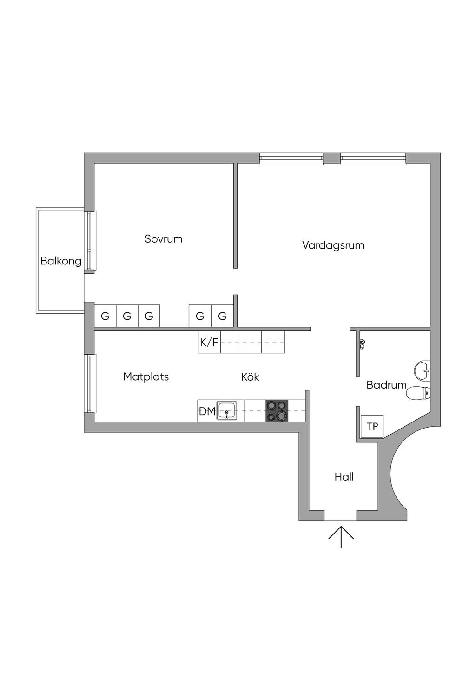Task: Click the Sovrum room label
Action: click(x=164, y=239)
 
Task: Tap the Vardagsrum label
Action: click(x=333, y=245)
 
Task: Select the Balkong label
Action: click(x=61, y=261)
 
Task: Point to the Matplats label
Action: click(x=146, y=377)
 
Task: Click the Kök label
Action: click(x=250, y=377)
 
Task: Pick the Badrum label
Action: click(x=386, y=385)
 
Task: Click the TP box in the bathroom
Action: click(x=372, y=426)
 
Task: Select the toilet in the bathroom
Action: click(x=418, y=393)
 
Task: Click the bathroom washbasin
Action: click(x=423, y=370)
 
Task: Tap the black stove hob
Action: click(x=277, y=411)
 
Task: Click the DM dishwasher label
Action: click(x=207, y=411)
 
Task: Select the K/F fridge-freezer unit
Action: click(x=210, y=342)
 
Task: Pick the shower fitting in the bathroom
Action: click(x=363, y=344)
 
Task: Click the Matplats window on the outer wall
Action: click(x=91, y=383)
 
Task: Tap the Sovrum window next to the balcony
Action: click(x=92, y=241)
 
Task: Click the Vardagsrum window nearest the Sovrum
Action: click(x=291, y=158)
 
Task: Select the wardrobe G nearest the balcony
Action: click(x=105, y=316)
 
